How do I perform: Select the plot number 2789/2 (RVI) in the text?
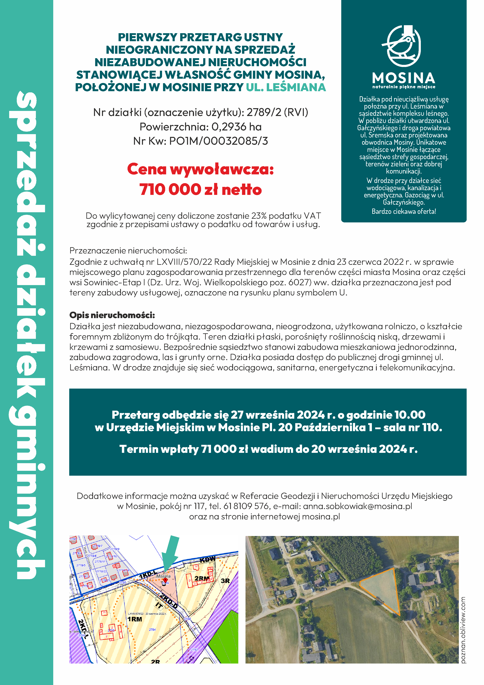point(277,112)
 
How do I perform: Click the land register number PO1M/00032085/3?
point(218,141)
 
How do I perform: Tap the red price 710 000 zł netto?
point(200,189)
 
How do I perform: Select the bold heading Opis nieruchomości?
point(112,315)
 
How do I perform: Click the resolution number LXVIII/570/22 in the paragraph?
point(184,262)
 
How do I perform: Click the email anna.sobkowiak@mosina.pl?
point(357,506)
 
